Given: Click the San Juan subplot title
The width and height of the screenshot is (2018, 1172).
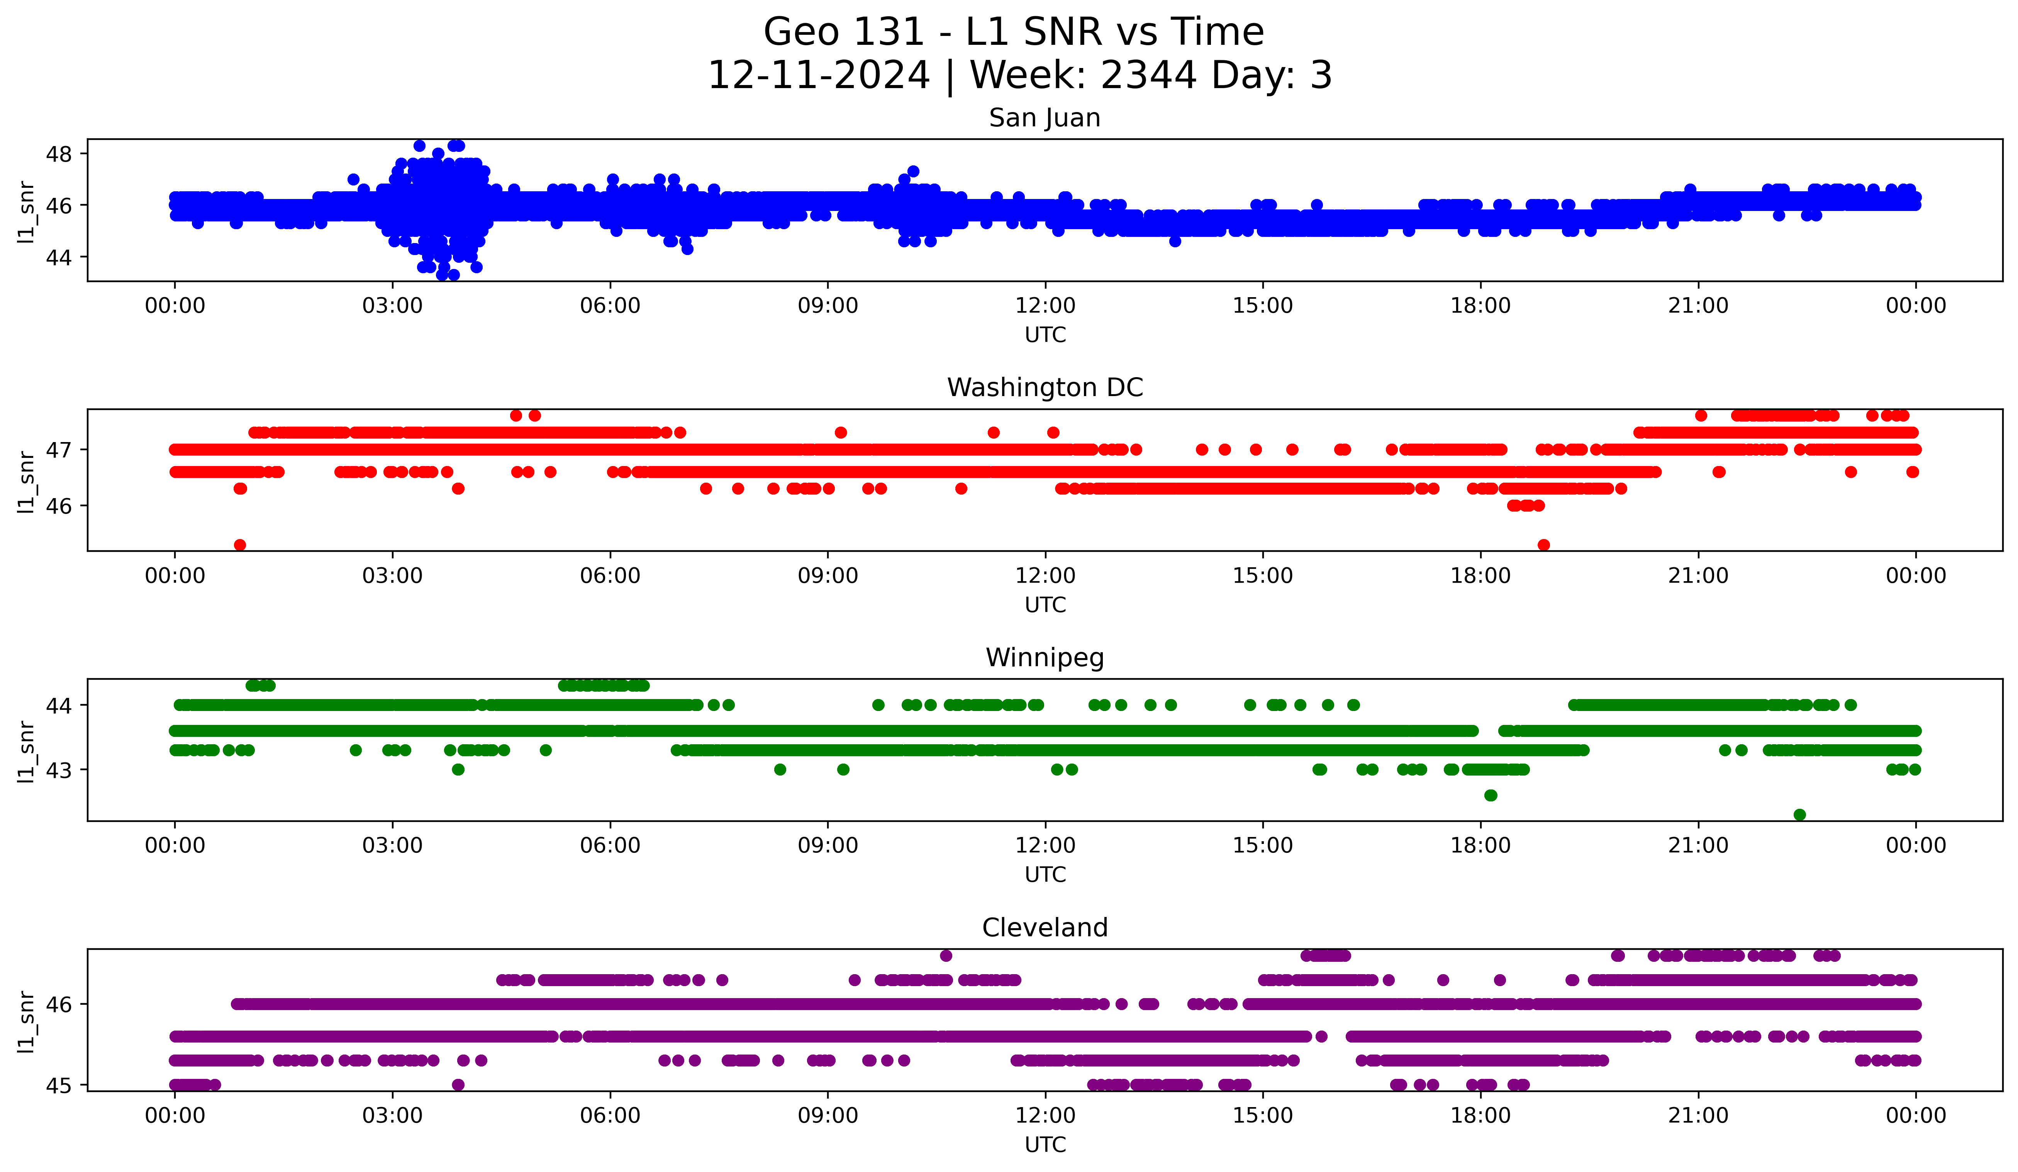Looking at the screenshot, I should point(1044,118).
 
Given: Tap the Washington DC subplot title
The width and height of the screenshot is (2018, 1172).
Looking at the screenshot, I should point(1044,388).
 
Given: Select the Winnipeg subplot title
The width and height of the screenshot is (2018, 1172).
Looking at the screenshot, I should point(1044,658).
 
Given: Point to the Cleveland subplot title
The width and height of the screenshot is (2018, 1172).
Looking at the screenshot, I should point(1044,928).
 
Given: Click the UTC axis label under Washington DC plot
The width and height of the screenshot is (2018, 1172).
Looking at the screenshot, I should point(1045,605).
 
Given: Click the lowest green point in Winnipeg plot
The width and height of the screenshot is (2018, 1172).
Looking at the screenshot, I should point(1799,815).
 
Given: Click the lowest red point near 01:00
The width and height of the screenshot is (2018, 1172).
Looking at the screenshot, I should point(239,545).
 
